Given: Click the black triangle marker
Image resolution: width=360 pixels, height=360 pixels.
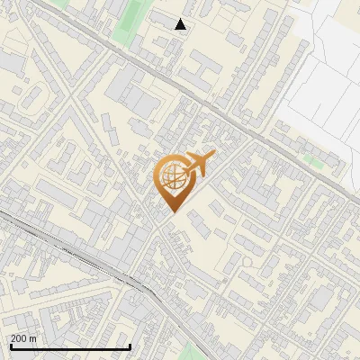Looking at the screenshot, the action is pos(181,24).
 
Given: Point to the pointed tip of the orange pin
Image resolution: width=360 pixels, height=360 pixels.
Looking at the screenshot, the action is pos(173,212).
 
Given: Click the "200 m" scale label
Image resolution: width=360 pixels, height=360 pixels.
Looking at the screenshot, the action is pos(23,338).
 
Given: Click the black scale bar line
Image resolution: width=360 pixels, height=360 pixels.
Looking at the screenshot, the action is pos(70,346).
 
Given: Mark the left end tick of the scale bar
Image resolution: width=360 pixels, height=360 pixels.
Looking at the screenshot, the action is pos(11,345).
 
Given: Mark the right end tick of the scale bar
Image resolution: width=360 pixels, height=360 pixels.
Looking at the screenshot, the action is pos(130,345).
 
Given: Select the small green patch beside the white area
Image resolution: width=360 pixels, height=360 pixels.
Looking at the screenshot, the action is pos(313,159).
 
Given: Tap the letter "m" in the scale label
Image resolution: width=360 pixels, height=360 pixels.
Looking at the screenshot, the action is pos(32,338).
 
